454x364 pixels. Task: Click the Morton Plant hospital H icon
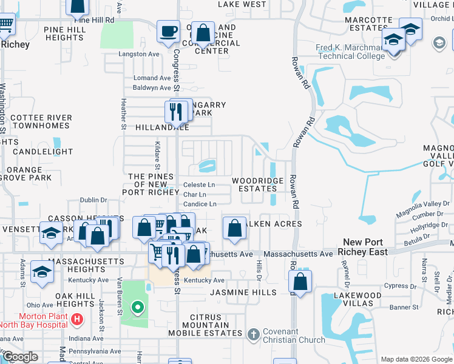click(77, 318)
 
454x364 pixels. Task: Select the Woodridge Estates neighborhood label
click(257, 184)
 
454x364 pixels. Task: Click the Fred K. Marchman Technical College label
click(350, 52)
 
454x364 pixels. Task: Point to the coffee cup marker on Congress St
click(168, 31)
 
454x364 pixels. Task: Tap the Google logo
click(20, 357)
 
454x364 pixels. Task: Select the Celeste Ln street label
click(199, 184)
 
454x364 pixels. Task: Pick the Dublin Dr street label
click(93, 200)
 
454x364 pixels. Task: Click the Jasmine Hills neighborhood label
click(243, 292)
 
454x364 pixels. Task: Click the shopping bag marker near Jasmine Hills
click(300, 281)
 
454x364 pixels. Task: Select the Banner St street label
click(404, 307)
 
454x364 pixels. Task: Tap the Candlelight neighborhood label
click(42, 152)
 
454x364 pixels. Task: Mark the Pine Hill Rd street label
click(94, 20)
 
